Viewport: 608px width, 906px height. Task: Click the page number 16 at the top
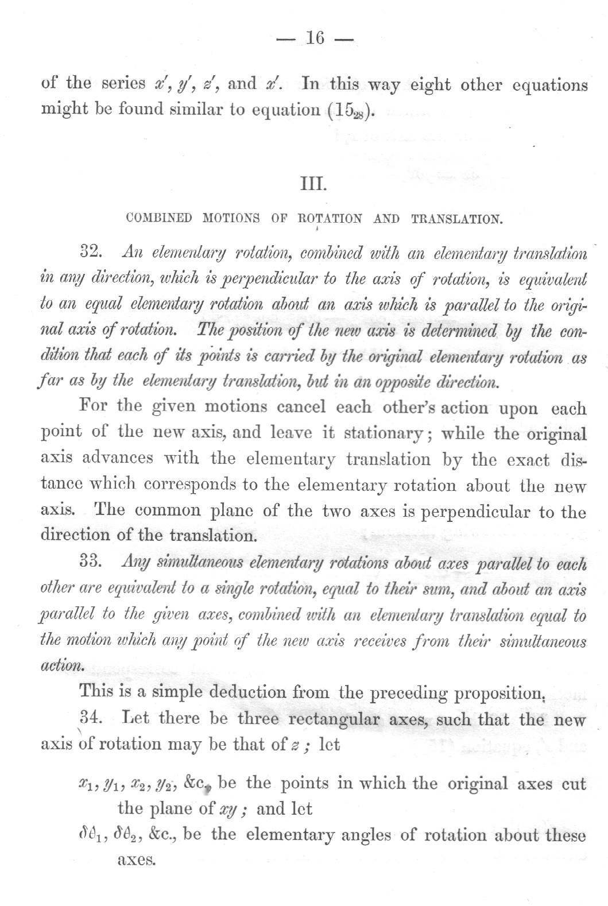(x=316, y=38)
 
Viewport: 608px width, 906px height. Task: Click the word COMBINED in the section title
(x=159, y=219)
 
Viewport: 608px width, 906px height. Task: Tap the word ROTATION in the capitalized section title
(x=330, y=219)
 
